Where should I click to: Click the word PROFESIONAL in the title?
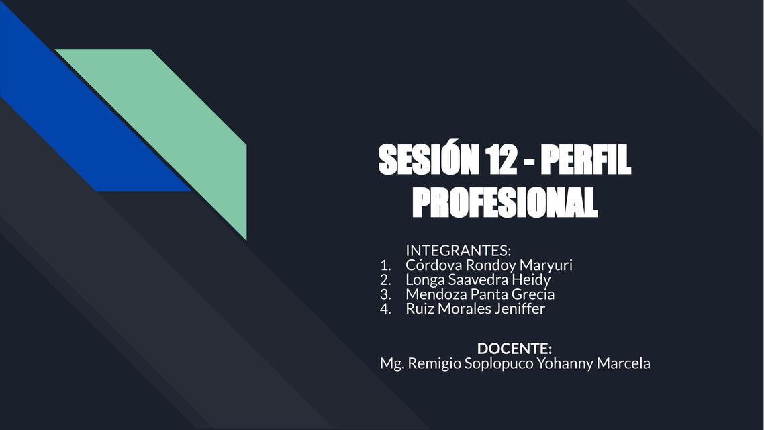click(x=504, y=202)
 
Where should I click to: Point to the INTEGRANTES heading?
click(x=458, y=250)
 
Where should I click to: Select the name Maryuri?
click(x=546, y=265)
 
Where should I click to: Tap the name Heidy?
click(x=530, y=279)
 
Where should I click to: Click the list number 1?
click(x=385, y=265)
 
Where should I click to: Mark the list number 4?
click(x=385, y=309)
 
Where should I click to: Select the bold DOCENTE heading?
click(x=514, y=349)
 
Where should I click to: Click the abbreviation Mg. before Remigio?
click(x=391, y=363)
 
